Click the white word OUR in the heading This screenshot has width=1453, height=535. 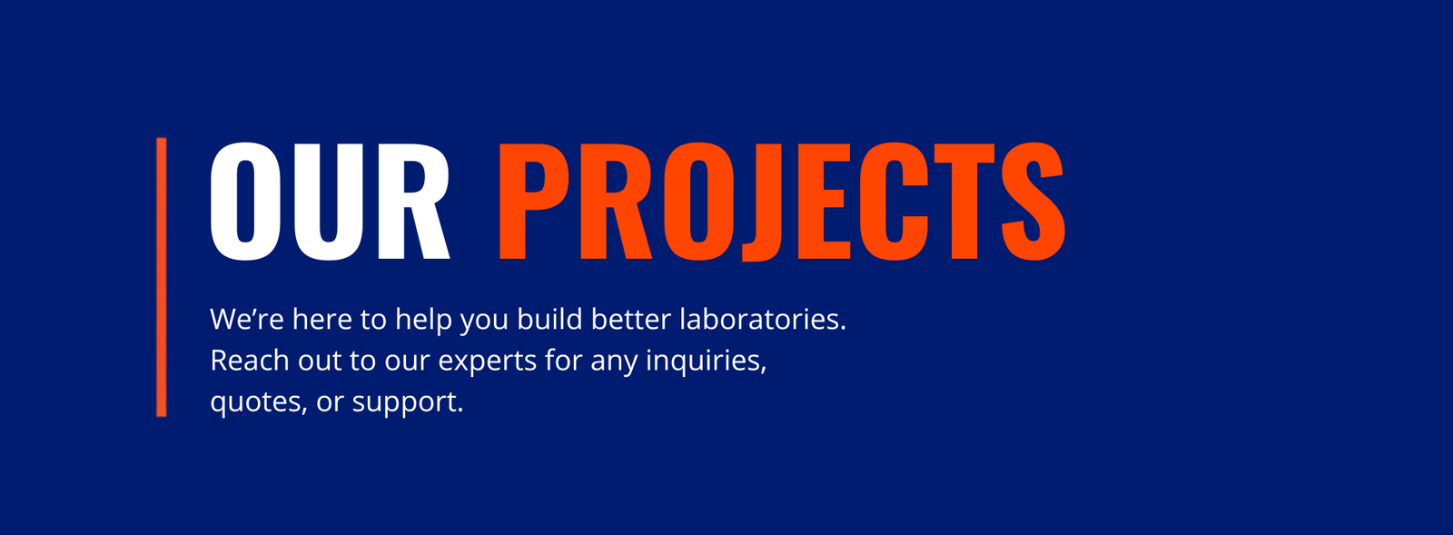330,202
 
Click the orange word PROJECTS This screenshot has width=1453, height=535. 782,202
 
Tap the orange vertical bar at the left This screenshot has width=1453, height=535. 162,277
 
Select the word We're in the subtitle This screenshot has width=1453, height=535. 247,319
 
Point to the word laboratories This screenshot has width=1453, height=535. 763,319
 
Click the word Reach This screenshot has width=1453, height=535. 250,360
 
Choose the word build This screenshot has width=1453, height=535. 549,319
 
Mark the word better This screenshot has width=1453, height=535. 631,319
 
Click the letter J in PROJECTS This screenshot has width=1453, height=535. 759,202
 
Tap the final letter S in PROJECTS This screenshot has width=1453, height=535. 1033,202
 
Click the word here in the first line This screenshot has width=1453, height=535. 321,319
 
